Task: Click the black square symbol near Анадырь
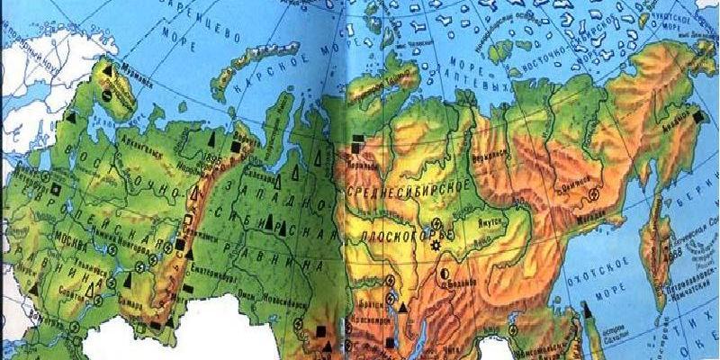[x=699, y=115]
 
